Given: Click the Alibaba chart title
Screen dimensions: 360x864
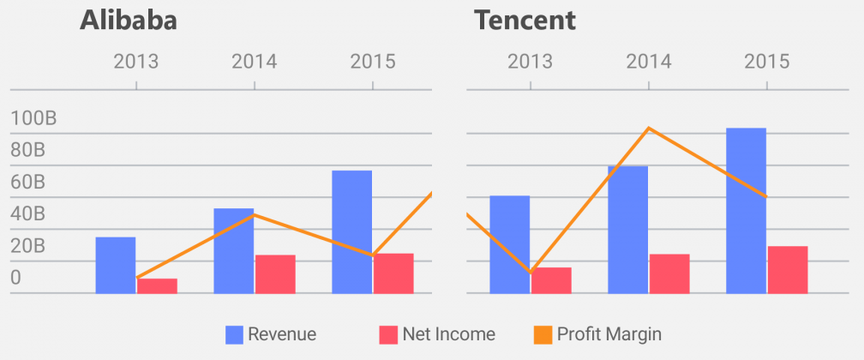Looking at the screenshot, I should point(129,21).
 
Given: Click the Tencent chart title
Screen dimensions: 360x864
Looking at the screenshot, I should point(525,21).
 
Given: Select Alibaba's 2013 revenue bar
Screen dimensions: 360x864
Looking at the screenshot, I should point(115,265).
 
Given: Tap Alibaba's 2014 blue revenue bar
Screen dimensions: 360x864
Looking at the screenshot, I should point(233,250).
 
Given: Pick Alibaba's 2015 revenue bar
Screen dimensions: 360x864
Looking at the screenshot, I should point(351,231).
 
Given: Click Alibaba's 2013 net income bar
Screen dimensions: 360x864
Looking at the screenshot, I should point(157,285).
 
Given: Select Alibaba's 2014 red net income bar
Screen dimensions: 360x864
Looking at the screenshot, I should point(275,273).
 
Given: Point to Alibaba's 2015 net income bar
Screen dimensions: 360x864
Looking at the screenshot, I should point(393,273).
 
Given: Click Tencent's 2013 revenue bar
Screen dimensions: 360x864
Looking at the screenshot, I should point(509,244).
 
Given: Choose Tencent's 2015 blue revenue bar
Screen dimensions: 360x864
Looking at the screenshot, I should point(746,210).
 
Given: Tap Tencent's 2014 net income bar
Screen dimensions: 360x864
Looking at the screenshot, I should point(669,273).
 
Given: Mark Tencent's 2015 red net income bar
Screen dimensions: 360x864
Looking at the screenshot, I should point(788,269).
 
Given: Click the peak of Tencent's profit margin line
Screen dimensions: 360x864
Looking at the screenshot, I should point(649,129).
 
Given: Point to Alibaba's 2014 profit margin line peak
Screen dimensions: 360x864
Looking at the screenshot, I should point(255,214).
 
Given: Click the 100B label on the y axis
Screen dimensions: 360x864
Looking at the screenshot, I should point(33,118).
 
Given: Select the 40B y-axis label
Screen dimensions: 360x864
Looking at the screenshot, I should point(28,214).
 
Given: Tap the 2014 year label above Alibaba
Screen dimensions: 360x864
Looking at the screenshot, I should point(254,62).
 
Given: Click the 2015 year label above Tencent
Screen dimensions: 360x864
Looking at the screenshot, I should point(766,62).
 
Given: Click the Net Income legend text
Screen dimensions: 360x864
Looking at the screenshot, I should point(448,334).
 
